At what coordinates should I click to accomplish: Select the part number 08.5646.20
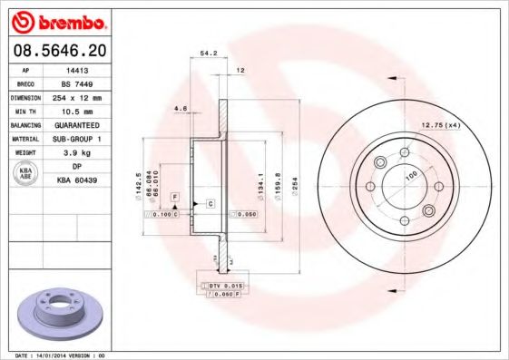(x=58, y=54)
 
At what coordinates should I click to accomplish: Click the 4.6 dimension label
(x=180, y=110)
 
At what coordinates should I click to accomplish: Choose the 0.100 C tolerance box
(x=166, y=214)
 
